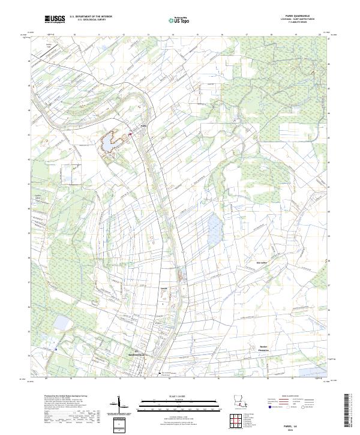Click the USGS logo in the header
pyautogui.click(x=55, y=19)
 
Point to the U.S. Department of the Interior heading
pyautogui.click(x=91, y=17)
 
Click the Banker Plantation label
pyautogui.click(x=265, y=348)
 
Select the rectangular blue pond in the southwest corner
pyautogui.click(x=61, y=323)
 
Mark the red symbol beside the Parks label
pyautogui.click(x=130, y=136)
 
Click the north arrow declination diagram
pyautogui.click(x=121, y=403)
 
